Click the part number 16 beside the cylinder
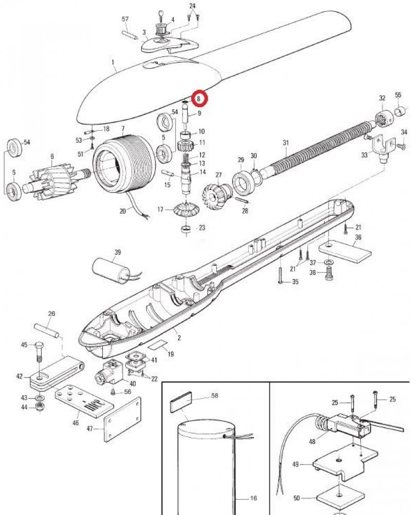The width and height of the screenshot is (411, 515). click(253, 499)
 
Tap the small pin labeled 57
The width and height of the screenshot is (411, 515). click(129, 36)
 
